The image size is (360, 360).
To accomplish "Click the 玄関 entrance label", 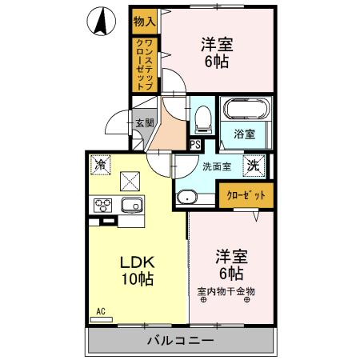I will click(x=144, y=123).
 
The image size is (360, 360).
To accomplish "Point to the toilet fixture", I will click(x=202, y=118).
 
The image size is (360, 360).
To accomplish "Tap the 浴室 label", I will click(x=244, y=135).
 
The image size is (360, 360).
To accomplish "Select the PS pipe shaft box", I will click(x=195, y=144).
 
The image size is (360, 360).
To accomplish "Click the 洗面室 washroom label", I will click(x=216, y=167).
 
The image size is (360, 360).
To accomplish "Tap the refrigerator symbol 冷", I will click(x=101, y=166).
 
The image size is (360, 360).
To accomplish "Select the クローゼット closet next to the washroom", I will click(x=246, y=195).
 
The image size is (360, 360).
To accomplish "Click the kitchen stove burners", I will click(x=103, y=206).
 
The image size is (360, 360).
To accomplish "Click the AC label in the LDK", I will click(x=101, y=310).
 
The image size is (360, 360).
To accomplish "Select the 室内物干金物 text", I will click(x=226, y=290).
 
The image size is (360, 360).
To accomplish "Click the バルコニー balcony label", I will click(x=179, y=342).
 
